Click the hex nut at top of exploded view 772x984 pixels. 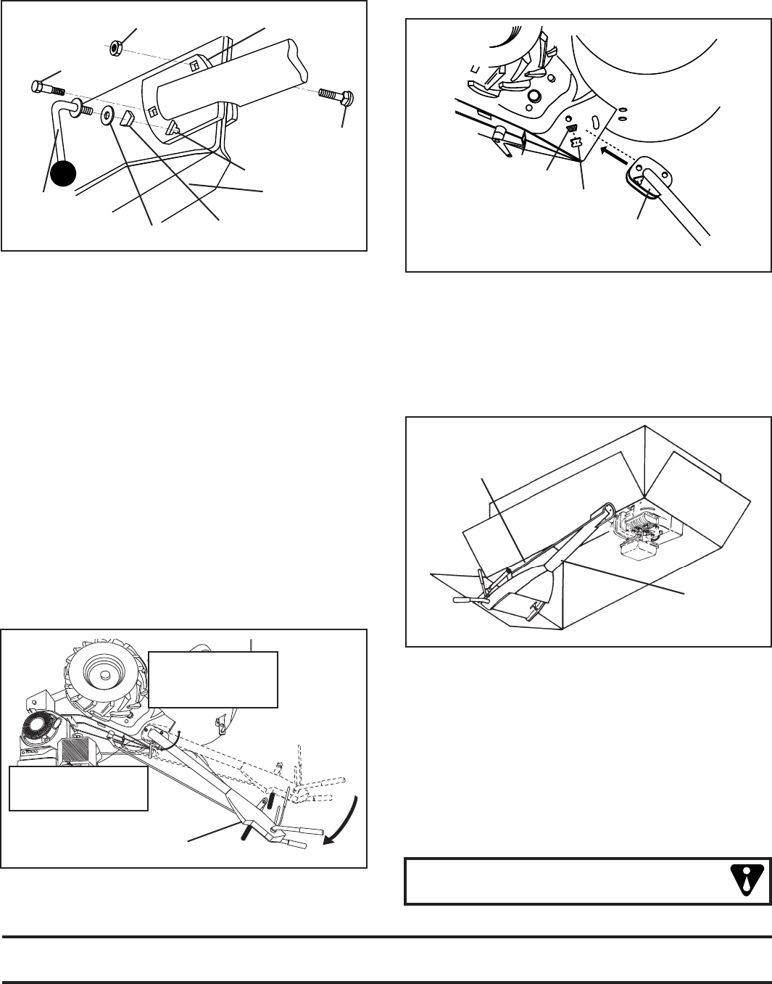[115, 48]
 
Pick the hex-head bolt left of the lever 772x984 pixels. [49, 89]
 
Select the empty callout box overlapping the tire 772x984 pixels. [213, 679]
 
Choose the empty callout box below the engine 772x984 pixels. [78, 788]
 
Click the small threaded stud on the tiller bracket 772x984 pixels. [570, 128]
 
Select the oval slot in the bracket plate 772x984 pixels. [594, 120]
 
